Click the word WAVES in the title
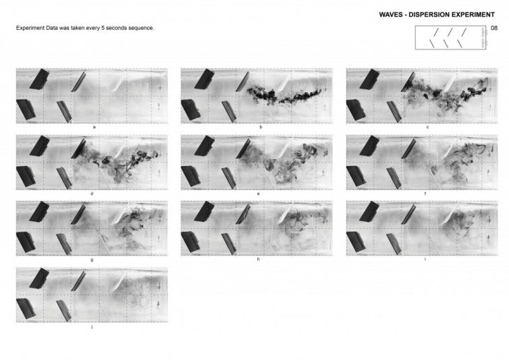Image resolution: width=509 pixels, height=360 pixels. click(x=390, y=15)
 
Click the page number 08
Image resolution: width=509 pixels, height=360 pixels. click(x=494, y=28)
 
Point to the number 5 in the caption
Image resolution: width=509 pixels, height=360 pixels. click(x=102, y=28)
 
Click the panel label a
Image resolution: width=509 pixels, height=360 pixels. click(x=94, y=127)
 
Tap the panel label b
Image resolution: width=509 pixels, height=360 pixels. click(x=261, y=127)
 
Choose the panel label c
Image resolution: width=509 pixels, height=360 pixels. click(x=427, y=127)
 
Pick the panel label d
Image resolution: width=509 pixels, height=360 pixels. click(x=92, y=194)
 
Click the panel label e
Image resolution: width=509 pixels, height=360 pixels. click(x=258, y=194)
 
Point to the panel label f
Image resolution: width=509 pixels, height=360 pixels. click(x=425, y=194)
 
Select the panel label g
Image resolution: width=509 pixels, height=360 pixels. click(x=92, y=260)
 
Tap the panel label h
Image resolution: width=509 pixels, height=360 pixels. click(x=258, y=260)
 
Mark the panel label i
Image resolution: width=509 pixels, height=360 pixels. click(x=425, y=260)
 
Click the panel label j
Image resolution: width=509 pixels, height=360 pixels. click(x=92, y=327)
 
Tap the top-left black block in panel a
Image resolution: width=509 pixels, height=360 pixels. click(x=39, y=79)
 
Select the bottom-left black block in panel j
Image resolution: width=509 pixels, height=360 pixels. click(x=26, y=308)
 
